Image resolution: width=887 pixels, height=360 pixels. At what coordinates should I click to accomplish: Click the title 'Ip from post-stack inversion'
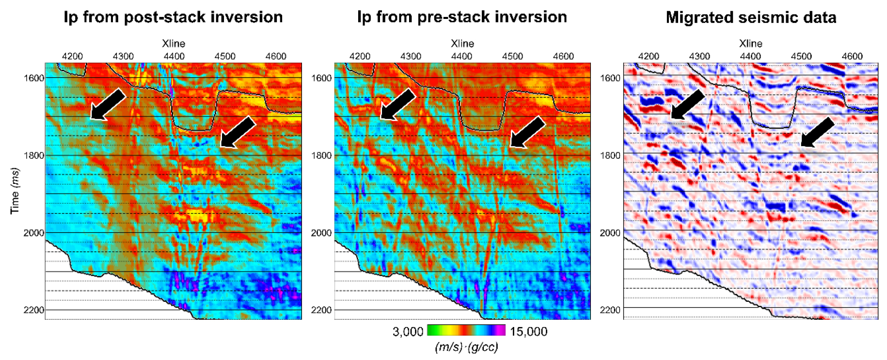point(173,17)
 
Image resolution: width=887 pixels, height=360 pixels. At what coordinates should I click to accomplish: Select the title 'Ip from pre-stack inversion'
point(462,17)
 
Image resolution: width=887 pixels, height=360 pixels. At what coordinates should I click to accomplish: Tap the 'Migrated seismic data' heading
point(751,18)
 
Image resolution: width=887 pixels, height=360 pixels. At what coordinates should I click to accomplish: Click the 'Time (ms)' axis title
point(15,191)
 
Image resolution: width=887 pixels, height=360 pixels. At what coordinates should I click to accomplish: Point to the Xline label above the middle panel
point(462,44)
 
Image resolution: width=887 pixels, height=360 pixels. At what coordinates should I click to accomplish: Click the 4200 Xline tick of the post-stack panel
point(72,56)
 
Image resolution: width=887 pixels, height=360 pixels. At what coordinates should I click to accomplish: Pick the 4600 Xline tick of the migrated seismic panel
point(852,56)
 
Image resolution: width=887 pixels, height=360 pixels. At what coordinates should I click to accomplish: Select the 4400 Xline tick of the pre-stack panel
point(461,56)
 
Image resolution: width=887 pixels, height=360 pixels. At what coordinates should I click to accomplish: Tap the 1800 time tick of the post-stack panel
point(34,155)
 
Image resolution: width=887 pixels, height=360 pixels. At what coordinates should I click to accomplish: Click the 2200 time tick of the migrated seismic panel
point(610,310)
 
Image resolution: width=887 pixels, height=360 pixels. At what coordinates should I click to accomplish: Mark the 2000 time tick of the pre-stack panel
point(321,233)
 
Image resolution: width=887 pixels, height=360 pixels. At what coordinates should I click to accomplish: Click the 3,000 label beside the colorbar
point(408,332)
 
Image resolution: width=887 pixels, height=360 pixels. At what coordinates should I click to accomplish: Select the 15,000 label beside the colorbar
point(528,332)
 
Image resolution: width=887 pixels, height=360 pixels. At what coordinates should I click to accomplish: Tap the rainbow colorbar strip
point(466,330)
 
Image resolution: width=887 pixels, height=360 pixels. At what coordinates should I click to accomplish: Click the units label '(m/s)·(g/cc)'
point(466,347)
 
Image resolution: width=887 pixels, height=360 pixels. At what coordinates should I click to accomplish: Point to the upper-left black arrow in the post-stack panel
point(108,104)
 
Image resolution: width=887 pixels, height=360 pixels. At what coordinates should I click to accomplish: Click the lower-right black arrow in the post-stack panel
point(237,132)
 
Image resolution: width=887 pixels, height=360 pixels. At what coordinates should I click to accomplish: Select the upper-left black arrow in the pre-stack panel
point(397,104)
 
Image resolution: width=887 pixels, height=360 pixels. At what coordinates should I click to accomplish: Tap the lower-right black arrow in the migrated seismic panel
point(817,132)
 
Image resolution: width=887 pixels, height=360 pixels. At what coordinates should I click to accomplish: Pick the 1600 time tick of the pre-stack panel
point(321,78)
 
